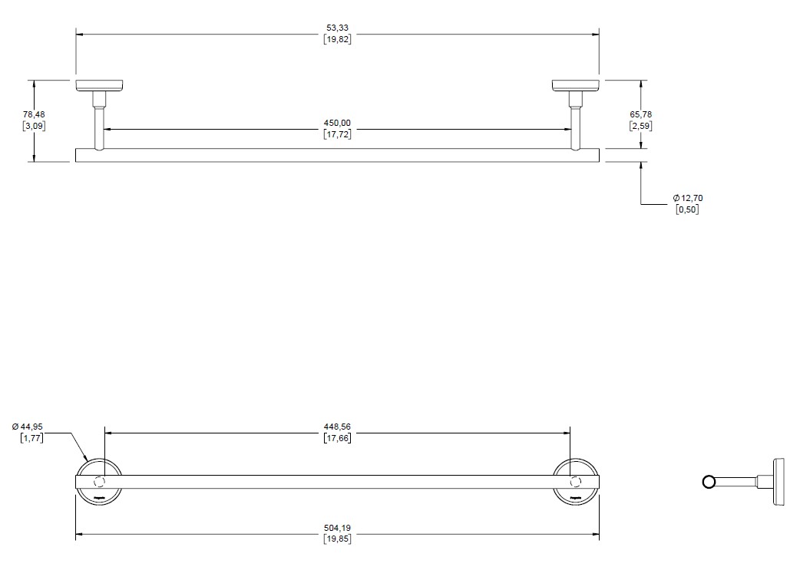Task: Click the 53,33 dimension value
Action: [x=338, y=28]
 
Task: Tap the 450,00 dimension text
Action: [x=338, y=123]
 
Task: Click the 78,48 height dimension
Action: [x=35, y=114]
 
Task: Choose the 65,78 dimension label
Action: [x=641, y=114]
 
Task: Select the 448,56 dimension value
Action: [x=338, y=427]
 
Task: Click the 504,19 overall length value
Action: [x=338, y=528]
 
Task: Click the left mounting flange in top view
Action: [x=101, y=84]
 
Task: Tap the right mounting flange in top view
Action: [x=575, y=84]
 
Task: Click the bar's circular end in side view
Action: [x=709, y=482]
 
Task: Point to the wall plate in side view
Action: [x=779, y=482]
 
